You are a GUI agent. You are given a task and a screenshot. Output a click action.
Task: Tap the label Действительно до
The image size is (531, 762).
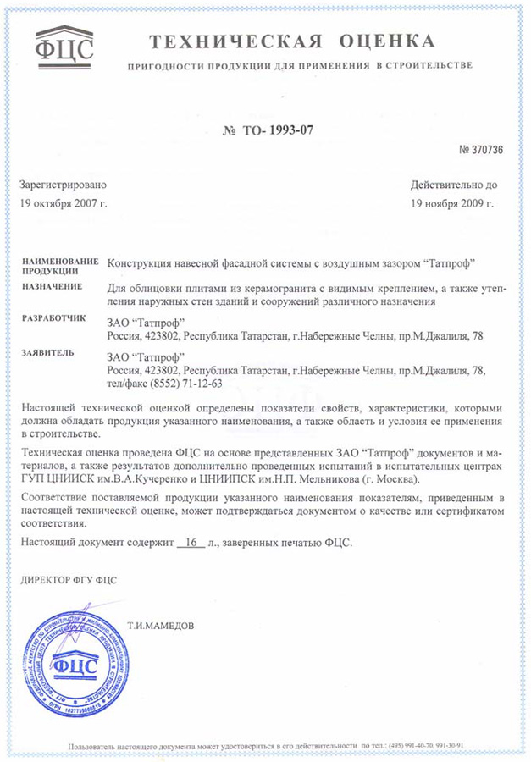click(x=454, y=185)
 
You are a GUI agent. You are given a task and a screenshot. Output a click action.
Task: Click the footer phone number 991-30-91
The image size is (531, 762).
click(x=446, y=745)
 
